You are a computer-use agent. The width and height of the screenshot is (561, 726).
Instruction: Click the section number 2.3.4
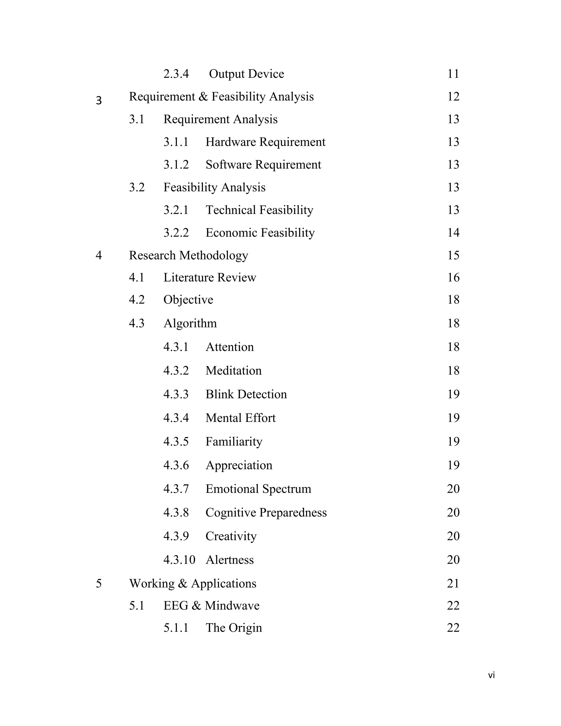pos(176,74)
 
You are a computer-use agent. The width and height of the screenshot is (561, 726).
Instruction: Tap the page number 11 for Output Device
pos(453,74)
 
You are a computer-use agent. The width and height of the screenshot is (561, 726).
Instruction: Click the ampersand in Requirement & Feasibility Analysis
pos(203,97)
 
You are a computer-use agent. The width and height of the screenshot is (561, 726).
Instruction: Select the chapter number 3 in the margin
pos(99,100)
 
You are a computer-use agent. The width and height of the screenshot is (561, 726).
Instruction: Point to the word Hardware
pos(231,142)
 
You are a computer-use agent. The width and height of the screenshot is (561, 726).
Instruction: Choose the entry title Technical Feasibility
pos(259,210)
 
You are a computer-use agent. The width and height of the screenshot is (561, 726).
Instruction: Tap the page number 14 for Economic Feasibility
pos(453,233)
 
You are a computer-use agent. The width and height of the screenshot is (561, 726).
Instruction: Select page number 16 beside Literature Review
pos(453,278)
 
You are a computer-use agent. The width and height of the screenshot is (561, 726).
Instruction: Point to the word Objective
pos(188,300)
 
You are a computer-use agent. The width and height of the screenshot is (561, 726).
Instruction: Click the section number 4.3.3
pos(176,394)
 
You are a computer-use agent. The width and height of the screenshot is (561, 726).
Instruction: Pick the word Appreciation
pos(239,465)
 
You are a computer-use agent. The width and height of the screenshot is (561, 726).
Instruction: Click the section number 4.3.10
pos(179,560)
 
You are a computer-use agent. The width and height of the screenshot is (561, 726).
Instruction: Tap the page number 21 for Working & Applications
pos(453,583)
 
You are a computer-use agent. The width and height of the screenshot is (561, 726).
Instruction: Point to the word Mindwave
pos(232,606)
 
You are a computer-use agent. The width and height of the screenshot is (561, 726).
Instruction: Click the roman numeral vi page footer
pos(491,675)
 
